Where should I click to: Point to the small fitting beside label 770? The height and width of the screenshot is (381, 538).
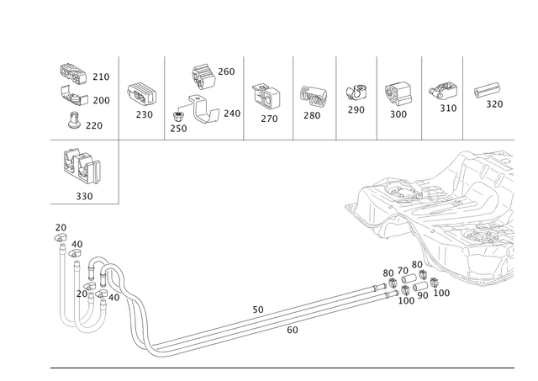(76, 123)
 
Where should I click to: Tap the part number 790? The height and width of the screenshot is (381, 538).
(100, 75)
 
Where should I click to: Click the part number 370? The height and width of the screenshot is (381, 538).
(494, 105)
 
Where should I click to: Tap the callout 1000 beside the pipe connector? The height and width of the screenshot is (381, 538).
(437, 292)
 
